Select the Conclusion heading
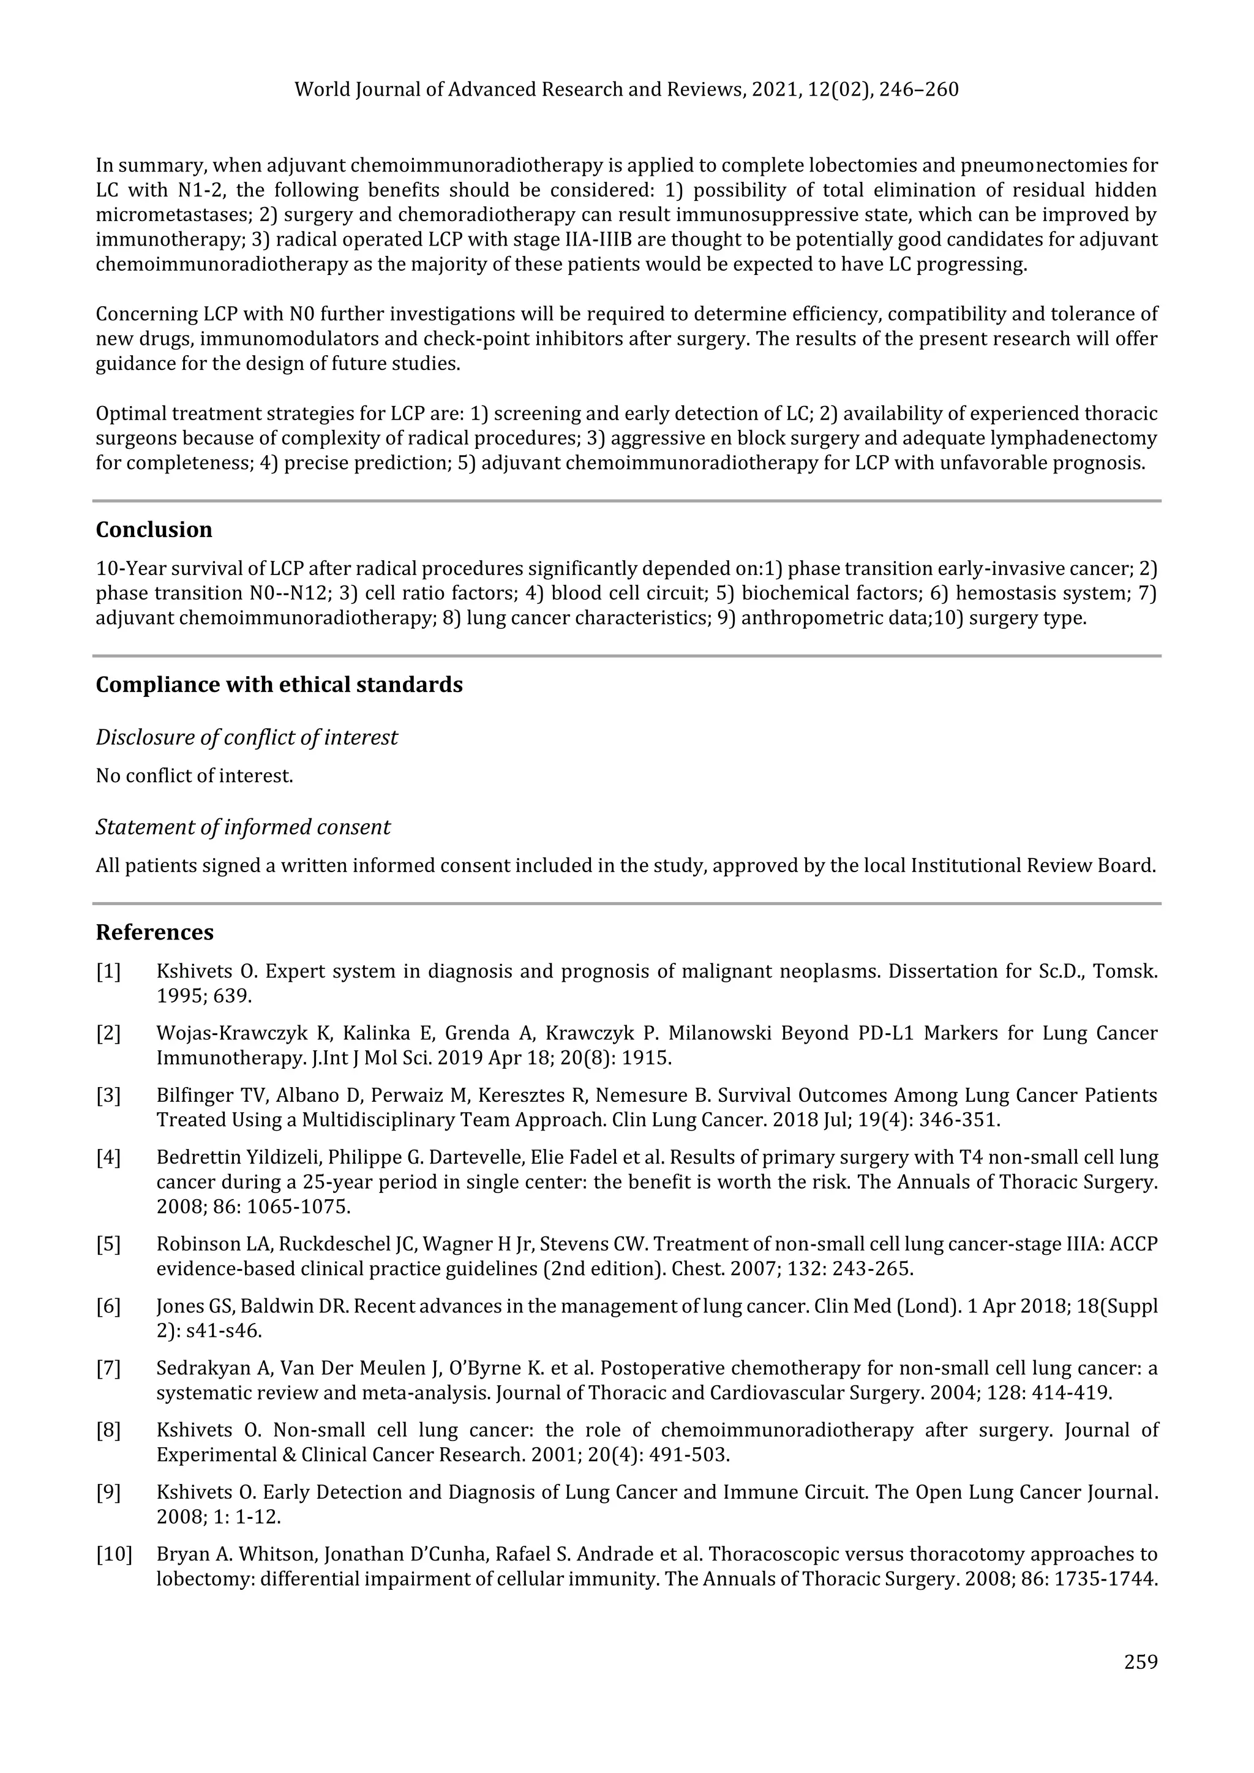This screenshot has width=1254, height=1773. tap(154, 530)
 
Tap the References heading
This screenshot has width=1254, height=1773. tap(154, 932)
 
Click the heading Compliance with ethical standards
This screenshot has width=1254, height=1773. tap(279, 685)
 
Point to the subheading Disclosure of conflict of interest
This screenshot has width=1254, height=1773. tap(246, 737)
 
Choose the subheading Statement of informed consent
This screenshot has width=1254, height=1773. tap(242, 827)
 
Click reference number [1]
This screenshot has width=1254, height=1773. tap(108, 971)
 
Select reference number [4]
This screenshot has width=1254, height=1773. tap(108, 1158)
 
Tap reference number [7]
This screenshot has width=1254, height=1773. tap(108, 1368)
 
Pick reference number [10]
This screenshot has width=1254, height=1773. tap(113, 1554)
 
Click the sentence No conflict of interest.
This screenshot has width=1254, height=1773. tap(195, 775)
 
